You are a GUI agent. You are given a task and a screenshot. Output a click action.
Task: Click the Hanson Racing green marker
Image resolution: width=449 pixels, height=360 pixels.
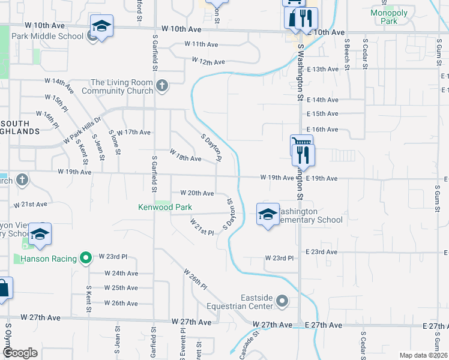86,259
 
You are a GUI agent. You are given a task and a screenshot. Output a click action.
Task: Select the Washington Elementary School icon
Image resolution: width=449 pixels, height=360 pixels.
268,215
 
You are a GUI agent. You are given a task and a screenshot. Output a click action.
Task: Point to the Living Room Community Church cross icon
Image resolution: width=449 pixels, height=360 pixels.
161,86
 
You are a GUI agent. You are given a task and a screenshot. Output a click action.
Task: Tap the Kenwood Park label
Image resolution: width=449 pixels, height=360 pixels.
165,207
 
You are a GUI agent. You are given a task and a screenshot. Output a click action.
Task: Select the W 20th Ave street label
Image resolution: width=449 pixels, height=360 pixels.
197,193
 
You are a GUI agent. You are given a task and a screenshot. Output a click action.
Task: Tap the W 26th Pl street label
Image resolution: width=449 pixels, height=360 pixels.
196,280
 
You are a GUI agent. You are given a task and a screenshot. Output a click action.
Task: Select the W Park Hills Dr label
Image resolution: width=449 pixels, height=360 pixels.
82,130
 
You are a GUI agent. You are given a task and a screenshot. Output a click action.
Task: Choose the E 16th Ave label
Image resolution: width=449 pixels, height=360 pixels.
322,130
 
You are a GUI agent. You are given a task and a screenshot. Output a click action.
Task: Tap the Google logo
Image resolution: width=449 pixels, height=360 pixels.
20,353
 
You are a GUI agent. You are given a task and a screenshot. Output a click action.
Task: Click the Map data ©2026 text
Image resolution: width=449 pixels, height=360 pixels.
423,355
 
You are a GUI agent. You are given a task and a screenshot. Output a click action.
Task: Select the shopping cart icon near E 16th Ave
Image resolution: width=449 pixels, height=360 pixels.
301,143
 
